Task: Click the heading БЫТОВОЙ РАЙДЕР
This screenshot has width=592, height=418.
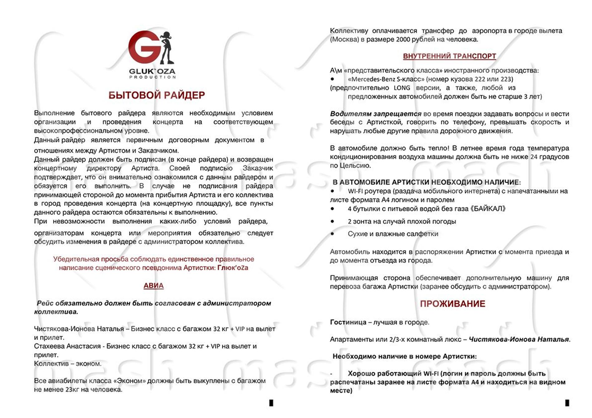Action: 156,95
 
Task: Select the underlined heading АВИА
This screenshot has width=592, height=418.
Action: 153,286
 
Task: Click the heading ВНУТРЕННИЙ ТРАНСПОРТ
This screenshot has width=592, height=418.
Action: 449,56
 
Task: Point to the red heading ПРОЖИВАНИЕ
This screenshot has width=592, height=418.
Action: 452,304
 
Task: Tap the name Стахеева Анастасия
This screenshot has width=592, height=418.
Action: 67,346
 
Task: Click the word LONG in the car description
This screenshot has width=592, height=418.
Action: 402,88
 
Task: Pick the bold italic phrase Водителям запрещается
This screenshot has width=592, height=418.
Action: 375,114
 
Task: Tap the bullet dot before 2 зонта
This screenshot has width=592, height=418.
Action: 332,221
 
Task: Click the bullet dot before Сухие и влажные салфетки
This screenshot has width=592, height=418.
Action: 332,234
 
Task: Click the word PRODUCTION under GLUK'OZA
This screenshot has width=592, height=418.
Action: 152,77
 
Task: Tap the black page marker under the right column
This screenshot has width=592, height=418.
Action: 567,403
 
